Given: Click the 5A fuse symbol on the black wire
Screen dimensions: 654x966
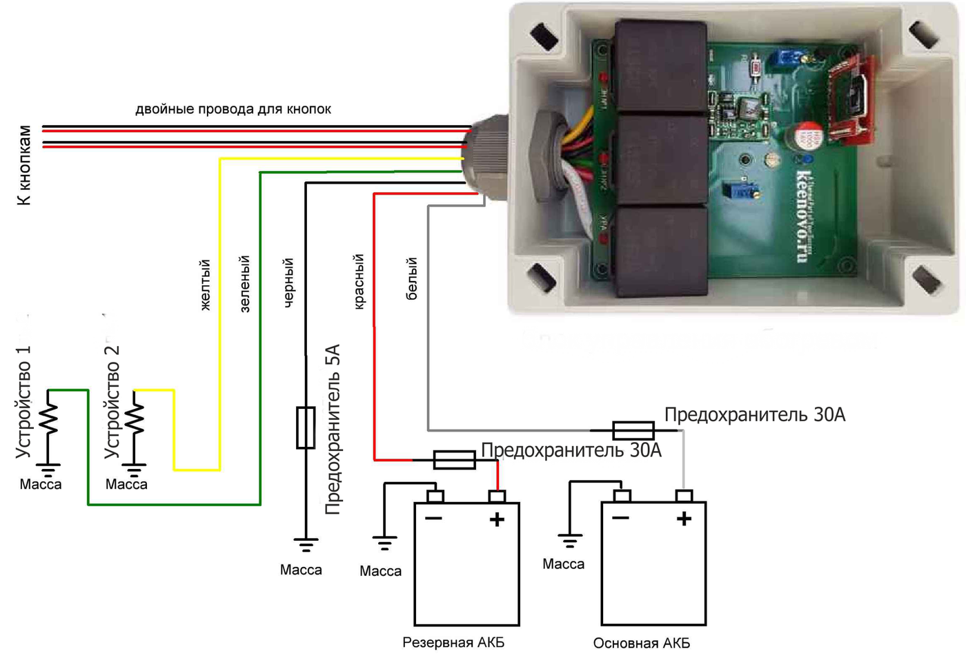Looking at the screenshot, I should (306, 427).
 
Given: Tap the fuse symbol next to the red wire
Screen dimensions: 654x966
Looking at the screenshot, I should (454, 460).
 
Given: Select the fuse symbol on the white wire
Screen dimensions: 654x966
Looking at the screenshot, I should (633, 430).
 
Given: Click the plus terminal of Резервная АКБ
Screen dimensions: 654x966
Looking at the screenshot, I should (497, 497).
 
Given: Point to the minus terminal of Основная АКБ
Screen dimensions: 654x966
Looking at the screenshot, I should (622, 496).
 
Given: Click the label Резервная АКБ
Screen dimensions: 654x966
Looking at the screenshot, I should (453, 642).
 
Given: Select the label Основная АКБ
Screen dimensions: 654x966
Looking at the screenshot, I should (641, 643).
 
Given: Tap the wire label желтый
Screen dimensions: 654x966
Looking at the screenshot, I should (205, 285).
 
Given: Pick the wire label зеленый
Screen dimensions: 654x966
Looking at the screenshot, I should (244, 284).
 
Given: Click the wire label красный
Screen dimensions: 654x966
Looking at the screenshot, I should (359, 281).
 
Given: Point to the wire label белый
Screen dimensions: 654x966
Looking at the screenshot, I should (412, 279).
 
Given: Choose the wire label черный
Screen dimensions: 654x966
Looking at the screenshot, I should (289, 282).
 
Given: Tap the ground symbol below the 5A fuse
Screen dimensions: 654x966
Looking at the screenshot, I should (306, 545).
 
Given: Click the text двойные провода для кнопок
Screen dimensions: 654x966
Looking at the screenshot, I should (233, 109).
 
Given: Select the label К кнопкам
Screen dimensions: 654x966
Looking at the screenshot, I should (25, 166).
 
